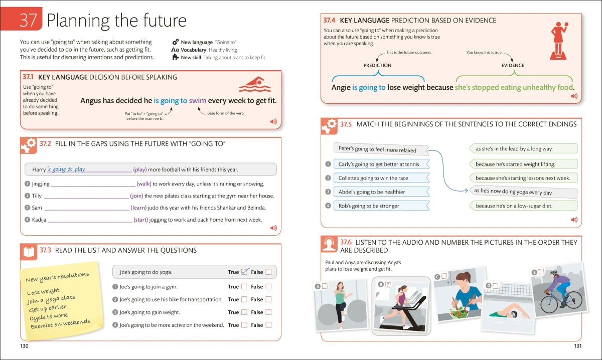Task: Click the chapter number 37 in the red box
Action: point(29,21)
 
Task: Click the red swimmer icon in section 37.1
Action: point(255,85)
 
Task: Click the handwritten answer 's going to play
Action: point(66,169)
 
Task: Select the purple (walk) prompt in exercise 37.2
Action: point(143,184)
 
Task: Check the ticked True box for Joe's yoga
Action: point(245,272)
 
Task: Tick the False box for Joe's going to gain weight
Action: point(268,312)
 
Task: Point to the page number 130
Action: point(24,346)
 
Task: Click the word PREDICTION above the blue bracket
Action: point(377,65)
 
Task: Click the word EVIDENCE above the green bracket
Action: point(513,65)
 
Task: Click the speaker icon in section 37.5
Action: point(574,220)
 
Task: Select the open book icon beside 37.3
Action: point(29,252)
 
